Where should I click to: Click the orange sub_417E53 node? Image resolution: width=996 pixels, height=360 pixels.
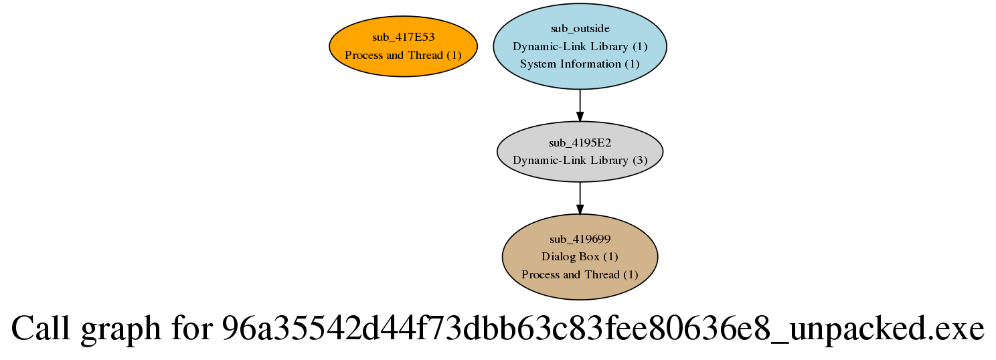pyautogui.click(x=404, y=46)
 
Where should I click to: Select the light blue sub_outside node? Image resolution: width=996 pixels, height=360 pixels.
pyautogui.click(x=580, y=46)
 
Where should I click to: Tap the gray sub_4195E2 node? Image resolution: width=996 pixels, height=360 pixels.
pyautogui.click(x=580, y=151)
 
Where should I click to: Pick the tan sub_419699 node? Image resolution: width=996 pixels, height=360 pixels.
pyautogui.click(x=580, y=257)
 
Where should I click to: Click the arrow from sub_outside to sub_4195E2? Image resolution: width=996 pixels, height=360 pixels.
pyautogui.click(x=580, y=105)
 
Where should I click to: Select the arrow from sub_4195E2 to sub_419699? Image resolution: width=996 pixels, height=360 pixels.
pyautogui.click(x=580, y=198)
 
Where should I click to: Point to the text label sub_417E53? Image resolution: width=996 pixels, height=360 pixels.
pyautogui.click(x=404, y=37)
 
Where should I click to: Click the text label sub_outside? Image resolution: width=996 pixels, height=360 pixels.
pyautogui.click(x=580, y=29)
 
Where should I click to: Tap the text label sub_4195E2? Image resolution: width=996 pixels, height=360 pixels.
pyautogui.click(x=580, y=143)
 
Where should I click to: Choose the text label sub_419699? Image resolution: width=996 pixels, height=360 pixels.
pyautogui.click(x=580, y=240)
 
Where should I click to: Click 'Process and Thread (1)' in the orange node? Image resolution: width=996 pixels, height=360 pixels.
pyautogui.click(x=404, y=55)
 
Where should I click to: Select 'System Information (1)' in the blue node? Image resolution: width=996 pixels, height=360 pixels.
pyautogui.click(x=580, y=64)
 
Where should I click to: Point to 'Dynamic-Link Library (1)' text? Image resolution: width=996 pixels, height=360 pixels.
pyautogui.click(x=580, y=47)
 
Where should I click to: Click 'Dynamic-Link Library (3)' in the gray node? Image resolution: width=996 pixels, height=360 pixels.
pyautogui.click(x=580, y=161)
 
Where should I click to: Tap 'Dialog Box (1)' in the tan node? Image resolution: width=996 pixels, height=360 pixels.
pyautogui.click(x=580, y=257)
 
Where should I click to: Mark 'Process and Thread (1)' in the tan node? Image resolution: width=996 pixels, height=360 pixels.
pyautogui.click(x=580, y=274)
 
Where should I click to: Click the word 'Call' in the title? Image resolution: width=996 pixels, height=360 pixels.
pyautogui.click(x=40, y=329)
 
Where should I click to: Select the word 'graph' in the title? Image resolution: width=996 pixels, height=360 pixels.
pyautogui.click(x=120, y=331)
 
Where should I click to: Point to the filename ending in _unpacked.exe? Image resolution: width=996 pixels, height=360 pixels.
pyautogui.click(x=603, y=329)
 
